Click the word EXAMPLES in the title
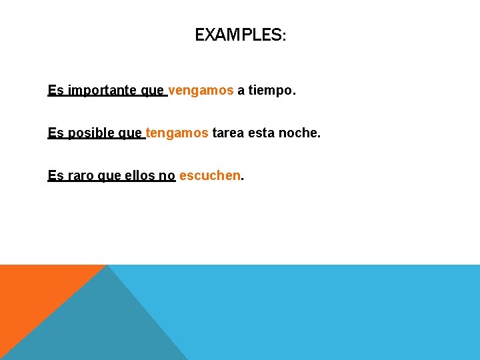(238, 35)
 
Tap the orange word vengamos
(201, 90)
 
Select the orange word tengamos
(177, 133)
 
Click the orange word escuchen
(209, 176)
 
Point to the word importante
(103, 90)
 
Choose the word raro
(81, 176)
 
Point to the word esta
(261, 133)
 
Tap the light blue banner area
(333, 313)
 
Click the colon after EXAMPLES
(285, 37)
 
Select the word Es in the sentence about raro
(55, 176)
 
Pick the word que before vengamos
(153, 91)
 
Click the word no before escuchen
(167, 176)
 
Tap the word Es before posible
(55, 133)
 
